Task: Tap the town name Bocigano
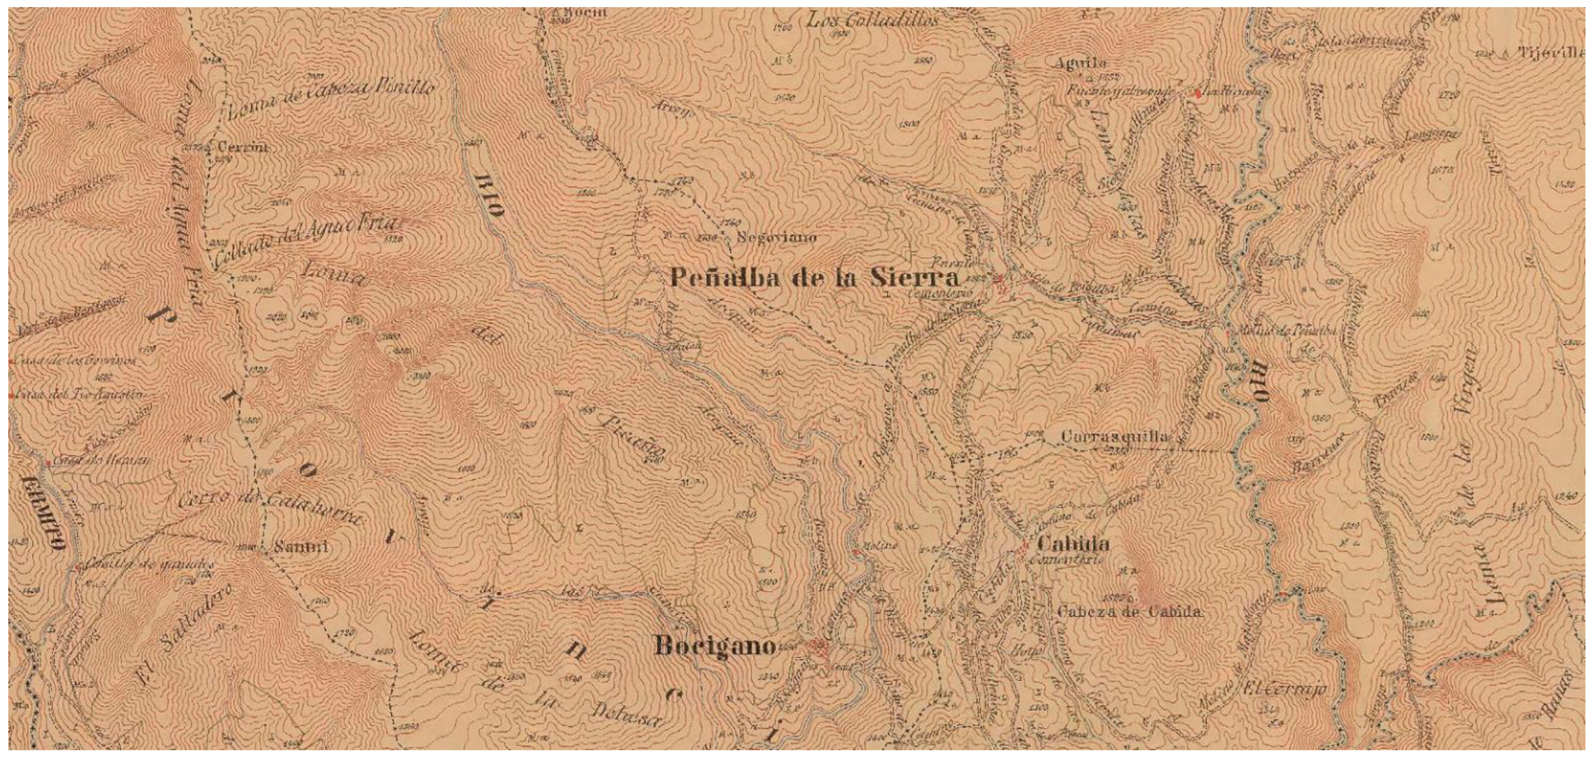[715, 647]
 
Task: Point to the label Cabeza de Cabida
[1130, 612]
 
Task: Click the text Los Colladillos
[873, 20]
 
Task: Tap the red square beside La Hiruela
[1198, 93]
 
